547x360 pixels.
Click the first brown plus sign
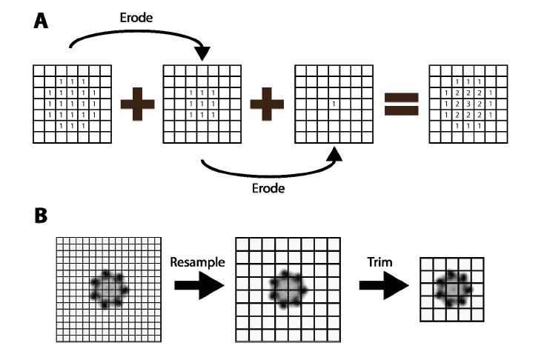click(x=136, y=104)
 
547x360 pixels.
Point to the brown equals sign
click(x=400, y=104)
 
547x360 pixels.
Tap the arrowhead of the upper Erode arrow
click(x=202, y=54)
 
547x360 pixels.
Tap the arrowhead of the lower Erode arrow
click(x=335, y=153)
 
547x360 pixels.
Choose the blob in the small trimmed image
click(x=452, y=288)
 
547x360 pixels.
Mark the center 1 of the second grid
click(x=202, y=104)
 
